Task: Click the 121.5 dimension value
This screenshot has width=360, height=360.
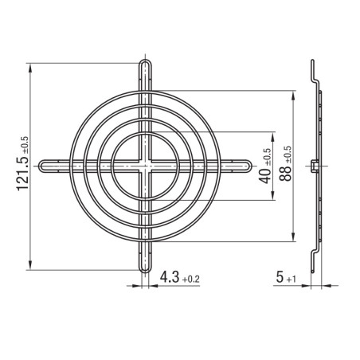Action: tap(22, 173)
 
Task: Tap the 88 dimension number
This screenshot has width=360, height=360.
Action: tap(285, 174)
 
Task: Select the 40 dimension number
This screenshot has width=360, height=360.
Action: tap(265, 177)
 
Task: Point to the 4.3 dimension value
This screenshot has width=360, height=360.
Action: tap(170, 277)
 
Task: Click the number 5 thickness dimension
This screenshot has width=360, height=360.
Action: tap(280, 277)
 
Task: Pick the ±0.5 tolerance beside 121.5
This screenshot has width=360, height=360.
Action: tap(25, 145)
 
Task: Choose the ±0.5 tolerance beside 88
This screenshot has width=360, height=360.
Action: tap(288, 155)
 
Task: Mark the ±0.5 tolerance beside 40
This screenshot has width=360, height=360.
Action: tap(268, 158)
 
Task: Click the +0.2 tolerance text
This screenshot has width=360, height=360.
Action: tap(190, 280)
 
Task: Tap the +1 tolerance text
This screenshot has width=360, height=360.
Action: tap(291, 280)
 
